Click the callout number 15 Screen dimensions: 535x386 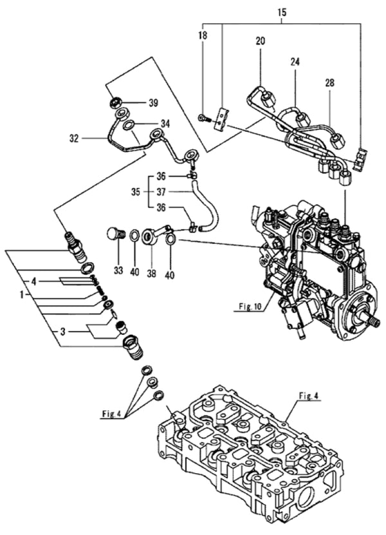[282, 12]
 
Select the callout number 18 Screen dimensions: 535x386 [203, 37]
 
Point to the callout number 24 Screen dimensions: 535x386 [295, 62]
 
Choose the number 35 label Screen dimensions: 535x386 [134, 191]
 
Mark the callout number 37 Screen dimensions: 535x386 [161, 191]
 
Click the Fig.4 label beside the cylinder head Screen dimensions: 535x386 [308, 397]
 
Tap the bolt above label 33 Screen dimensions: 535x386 [116, 232]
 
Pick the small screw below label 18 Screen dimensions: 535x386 [203, 117]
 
